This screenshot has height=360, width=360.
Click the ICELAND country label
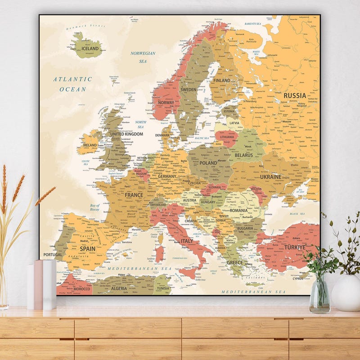[x=90, y=49]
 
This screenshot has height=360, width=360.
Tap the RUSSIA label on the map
[x=295, y=95]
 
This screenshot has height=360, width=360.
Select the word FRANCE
[x=134, y=195]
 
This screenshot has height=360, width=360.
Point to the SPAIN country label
[x=87, y=248]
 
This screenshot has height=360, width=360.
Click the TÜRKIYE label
[x=295, y=247]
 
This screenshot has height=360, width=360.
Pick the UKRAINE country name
[x=270, y=177]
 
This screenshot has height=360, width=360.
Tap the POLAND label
[x=208, y=163]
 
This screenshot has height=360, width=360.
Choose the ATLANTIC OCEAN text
[x=72, y=84]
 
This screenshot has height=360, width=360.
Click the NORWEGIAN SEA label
[x=143, y=57]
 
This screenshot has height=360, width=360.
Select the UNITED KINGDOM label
[x=126, y=134]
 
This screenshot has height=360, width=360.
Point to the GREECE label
[x=234, y=262]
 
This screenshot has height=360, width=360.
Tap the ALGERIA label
[x=119, y=288]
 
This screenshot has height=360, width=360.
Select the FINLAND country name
[x=221, y=81]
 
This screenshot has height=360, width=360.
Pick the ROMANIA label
[x=238, y=210]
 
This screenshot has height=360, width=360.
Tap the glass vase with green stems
[x=320, y=295]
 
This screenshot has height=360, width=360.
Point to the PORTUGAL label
[x=53, y=255]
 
